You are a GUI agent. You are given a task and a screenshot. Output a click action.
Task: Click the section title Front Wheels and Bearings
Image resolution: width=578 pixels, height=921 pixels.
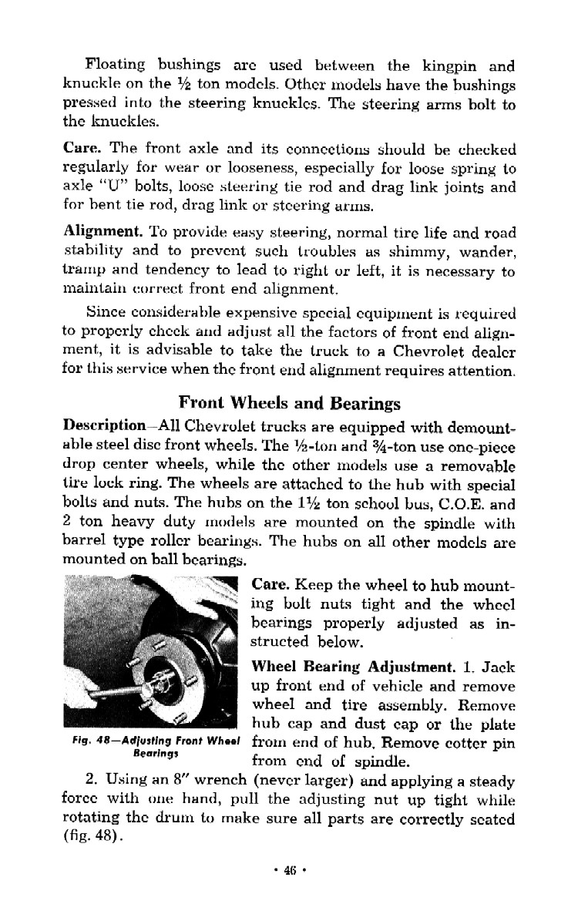point(289,402)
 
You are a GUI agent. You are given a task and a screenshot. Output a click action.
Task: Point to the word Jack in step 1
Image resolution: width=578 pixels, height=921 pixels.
point(497,666)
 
